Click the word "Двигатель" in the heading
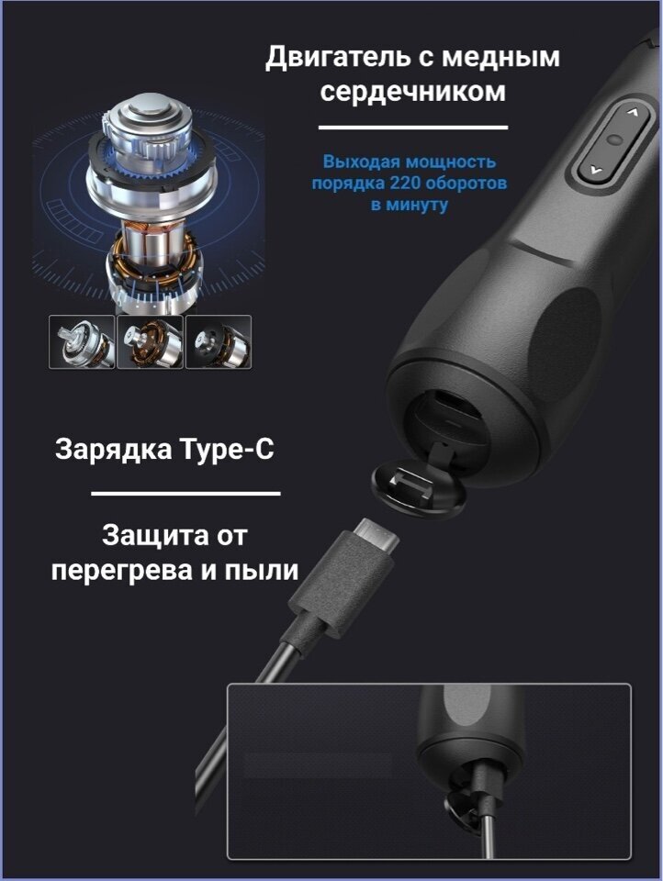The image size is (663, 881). [x=338, y=59]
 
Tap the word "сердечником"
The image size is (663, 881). [x=412, y=92]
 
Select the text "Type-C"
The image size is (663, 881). [x=227, y=450]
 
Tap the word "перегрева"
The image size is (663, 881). [x=122, y=572]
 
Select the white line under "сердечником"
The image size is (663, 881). [x=413, y=128]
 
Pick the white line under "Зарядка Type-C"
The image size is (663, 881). [x=185, y=494]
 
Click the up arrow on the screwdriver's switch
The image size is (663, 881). [x=633, y=112]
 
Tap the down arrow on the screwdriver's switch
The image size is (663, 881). [x=596, y=168]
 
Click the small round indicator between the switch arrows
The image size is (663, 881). [x=614, y=139]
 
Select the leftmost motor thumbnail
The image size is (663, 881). [x=82, y=341]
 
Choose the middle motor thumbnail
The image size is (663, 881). [x=151, y=341]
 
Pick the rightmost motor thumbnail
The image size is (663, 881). [x=219, y=341]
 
